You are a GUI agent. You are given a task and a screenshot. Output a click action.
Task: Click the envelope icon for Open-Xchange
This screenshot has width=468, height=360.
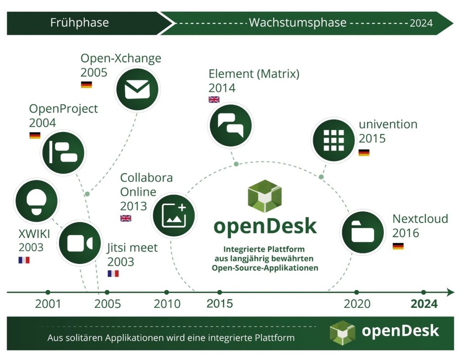pos(137,89)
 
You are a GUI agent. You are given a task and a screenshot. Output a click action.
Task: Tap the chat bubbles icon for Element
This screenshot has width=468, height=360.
pos(231,125)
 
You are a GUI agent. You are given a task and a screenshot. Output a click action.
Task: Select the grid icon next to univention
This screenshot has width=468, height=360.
pos(334,140)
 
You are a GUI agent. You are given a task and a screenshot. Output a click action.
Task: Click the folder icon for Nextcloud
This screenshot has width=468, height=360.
pos(362,232)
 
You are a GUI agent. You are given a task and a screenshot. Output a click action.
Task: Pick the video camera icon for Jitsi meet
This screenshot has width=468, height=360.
pos(80,243)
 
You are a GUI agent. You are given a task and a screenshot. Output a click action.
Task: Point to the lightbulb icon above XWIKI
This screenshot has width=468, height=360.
pos(37,201)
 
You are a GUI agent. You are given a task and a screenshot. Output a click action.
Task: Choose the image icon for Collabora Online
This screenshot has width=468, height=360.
pos(174,215)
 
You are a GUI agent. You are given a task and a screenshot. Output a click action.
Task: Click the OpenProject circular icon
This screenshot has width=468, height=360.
pos(63,153)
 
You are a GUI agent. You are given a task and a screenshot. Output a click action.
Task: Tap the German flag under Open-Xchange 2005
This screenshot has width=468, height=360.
pos(86,85)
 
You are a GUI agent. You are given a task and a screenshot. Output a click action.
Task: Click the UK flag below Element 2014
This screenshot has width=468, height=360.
pos(214,99)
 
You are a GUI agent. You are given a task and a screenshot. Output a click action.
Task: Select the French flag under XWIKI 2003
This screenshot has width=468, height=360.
pos(24,260)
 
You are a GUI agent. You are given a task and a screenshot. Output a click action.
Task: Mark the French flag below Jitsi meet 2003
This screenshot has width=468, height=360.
pos(113,274)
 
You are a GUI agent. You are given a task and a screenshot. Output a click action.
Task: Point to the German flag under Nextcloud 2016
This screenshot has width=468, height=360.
pos(398,246)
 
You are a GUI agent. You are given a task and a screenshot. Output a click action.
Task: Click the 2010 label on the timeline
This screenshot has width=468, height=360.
pos(167,304)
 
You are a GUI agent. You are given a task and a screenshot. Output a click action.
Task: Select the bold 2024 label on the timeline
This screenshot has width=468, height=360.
pos(424,304)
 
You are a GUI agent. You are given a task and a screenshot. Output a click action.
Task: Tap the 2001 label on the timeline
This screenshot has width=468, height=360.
pos(48,304)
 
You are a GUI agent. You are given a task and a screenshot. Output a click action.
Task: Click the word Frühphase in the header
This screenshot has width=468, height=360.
pos(80,23)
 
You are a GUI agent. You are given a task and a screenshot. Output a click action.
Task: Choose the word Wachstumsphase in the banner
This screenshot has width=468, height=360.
pos(298,22)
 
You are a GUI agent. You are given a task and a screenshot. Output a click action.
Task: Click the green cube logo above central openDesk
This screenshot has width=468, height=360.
pos(265,196)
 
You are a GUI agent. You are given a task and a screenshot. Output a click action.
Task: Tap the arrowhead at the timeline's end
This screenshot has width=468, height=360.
pos(451,292)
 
